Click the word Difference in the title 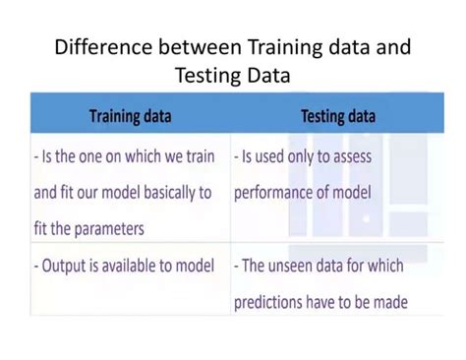pyautogui.click(x=103, y=46)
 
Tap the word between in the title pyautogui.click(x=200, y=46)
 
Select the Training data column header pyautogui.click(x=131, y=116)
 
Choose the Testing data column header pyautogui.click(x=338, y=116)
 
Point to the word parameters pyautogui.click(x=109, y=229)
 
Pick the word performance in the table pyautogui.click(x=273, y=193)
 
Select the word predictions pyautogui.click(x=268, y=302)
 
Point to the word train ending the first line pyautogui.click(x=201, y=156)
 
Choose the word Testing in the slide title pyautogui.click(x=208, y=76)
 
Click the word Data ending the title pyautogui.click(x=268, y=75)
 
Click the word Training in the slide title pyautogui.click(x=285, y=47)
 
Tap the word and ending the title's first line pyautogui.click(x=393, y=46)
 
